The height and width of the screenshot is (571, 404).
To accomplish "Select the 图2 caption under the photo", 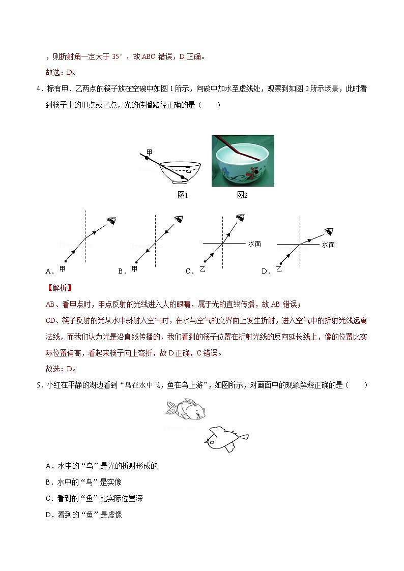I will pos(242,195).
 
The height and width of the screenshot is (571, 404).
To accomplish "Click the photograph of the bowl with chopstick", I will pos(243,161).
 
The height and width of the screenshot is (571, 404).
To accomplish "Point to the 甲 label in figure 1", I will pos(149,152).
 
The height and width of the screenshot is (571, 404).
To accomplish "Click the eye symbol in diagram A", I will pos(111,220).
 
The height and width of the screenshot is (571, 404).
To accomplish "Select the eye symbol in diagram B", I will pos(179,219).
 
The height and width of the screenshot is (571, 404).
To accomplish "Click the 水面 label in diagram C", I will pos(254,244).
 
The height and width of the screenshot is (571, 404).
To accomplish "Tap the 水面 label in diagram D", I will pos(328,245).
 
